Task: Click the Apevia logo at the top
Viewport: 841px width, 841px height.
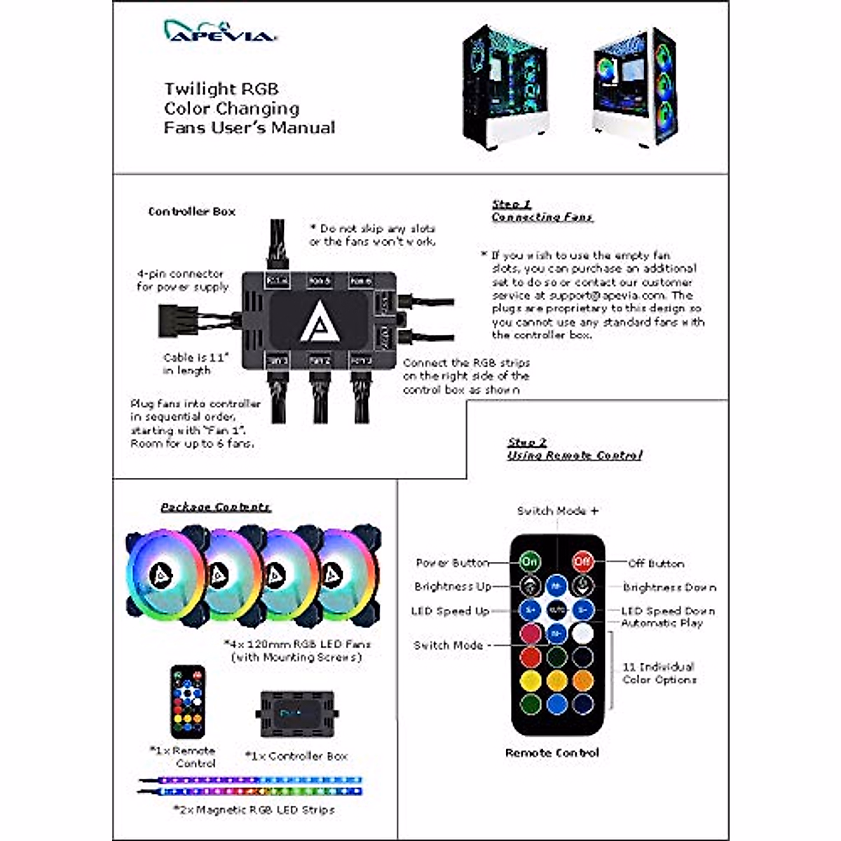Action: (x=219, y=31)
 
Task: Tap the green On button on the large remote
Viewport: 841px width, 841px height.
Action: (x=530, y=561)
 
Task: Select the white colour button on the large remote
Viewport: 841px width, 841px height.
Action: (x=582, y=634)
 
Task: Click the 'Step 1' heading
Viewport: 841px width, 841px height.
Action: (x=512, y=205)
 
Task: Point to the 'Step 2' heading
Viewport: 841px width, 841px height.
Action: (x=527, y=442)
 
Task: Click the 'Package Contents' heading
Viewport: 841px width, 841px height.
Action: (x=215, y=507)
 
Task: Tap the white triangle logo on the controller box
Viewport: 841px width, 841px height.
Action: (x=320, y=322)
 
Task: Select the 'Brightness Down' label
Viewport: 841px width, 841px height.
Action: (x=669, y=587)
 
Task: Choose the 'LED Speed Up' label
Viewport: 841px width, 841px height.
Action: (x=450, y=611)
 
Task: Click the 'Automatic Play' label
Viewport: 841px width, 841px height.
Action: (x=662, y=623)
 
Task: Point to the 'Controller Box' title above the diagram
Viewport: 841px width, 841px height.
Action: (x=191, y=211)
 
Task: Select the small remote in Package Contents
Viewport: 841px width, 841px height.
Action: (x=188, y=702)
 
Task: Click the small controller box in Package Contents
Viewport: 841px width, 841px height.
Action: (x=298, y=713)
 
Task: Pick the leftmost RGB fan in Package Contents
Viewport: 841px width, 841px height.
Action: (x=165, y=577)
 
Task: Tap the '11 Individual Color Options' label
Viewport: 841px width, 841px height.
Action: (x=659, y=673)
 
